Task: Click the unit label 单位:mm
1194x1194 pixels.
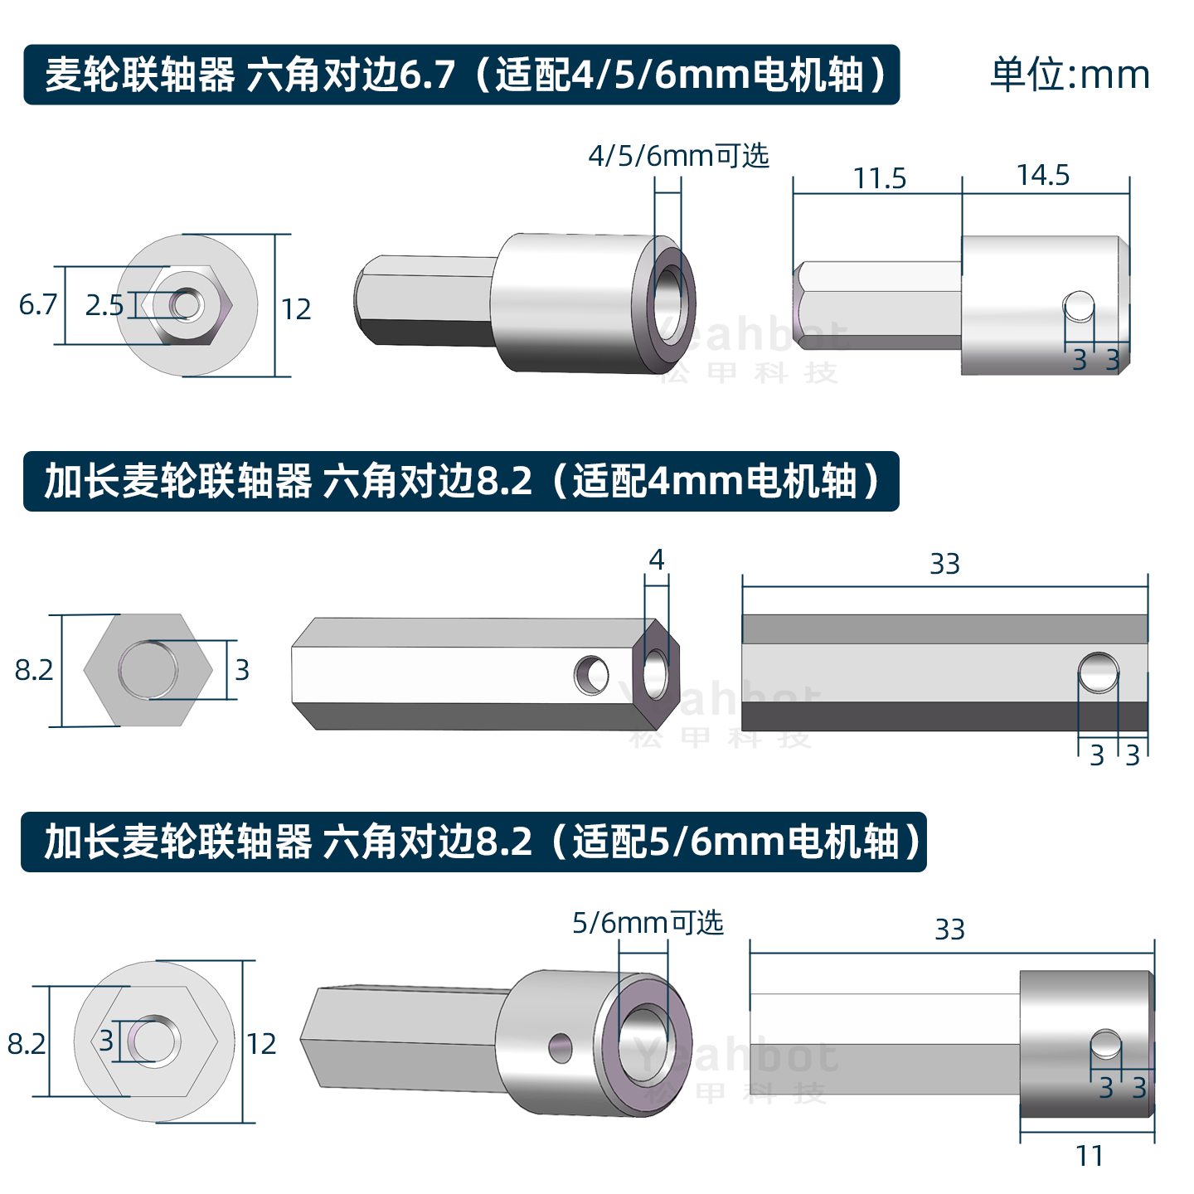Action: (1070, 75)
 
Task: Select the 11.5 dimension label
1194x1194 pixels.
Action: (880, 178)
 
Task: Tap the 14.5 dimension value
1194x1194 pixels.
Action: (1043, 175)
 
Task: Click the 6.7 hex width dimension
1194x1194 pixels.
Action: (38, 304)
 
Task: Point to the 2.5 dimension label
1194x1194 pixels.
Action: (104, 305)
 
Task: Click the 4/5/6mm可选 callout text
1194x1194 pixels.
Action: (678, 156)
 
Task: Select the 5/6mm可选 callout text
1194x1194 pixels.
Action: (648, 923)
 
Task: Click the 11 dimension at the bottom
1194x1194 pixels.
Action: (1090, 1155)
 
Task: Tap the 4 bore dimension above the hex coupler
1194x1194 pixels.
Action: (656, 560)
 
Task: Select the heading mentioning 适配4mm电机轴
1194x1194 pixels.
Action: (461, 481)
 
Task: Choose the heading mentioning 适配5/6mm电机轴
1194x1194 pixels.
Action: (473, 842)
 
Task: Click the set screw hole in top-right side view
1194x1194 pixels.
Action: (1079, 305)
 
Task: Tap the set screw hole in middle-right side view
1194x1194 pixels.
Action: (1099, 672)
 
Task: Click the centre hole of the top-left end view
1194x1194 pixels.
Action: (187, 304)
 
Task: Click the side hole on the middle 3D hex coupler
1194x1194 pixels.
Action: (591, 674)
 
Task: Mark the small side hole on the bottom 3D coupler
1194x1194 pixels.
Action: (561, 1047)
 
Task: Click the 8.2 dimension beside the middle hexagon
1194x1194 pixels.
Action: (34, 669)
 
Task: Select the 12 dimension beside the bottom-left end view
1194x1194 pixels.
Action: (261, 1043)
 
